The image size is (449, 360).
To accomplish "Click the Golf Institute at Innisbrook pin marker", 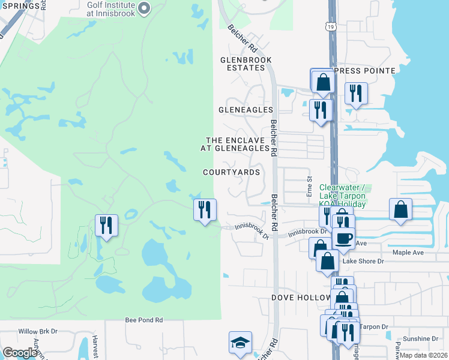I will (143, 8).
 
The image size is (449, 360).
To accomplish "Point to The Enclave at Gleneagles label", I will (238, 143).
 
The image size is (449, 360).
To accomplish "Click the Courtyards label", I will (231, 172).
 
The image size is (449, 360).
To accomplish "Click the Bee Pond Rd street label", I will (144, 320).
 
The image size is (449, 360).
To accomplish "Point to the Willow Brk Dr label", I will (37, 331).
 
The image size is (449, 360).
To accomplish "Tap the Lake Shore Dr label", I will (362, 261).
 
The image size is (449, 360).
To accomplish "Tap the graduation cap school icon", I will (240, 343).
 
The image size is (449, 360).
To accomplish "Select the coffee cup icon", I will (343, 238).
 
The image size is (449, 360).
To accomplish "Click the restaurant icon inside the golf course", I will (106, 225).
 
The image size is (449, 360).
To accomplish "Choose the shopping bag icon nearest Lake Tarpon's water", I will (400, 209).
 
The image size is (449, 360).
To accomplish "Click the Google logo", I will (20, 353).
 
